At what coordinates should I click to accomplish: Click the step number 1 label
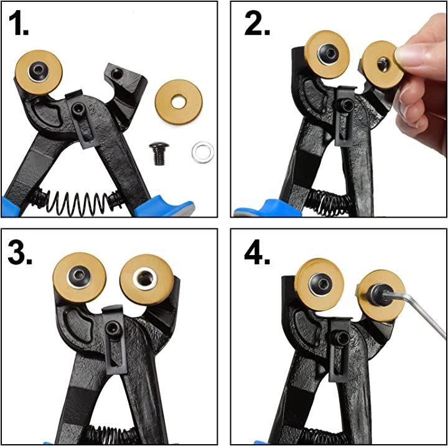(x=19, y=24)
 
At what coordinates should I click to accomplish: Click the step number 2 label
(x=257, y=24)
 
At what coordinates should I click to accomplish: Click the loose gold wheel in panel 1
(x=179, y=102)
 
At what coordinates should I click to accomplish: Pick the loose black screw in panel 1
(x=159, y=154)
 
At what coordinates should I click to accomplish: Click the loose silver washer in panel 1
(x=203, y=152)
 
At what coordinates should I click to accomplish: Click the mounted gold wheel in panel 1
(x=39, y=72)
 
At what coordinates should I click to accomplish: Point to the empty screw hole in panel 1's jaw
(x=116, y=74)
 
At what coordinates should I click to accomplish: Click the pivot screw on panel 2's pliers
(x=347, y=106)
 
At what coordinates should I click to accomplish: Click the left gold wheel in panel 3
(x=80, y=277)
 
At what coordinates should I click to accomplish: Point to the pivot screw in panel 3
(x=113, y=328)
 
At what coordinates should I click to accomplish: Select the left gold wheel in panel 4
(x=319, y=284)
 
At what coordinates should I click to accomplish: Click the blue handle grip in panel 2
(x=267, y=209)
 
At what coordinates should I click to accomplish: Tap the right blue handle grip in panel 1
(x=164, y=207)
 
